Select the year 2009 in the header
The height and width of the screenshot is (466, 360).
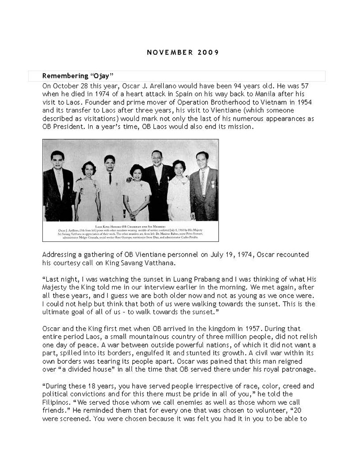coord(208,52)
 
